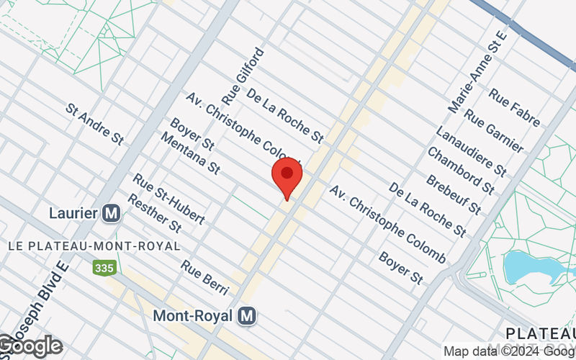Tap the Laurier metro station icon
(111, 213)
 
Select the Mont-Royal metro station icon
(248, 315)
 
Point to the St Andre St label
(94, 123)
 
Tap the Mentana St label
(189, 153)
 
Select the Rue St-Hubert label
(169, 198)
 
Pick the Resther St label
(155, 213)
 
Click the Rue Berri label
(204, 277)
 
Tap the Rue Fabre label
(514, 107)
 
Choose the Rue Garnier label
(494, 130)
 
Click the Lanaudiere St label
(471, 150)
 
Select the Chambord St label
(461, 171)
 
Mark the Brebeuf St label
(453, 194)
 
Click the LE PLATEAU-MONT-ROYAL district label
(94, 246)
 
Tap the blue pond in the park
(526, 267)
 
